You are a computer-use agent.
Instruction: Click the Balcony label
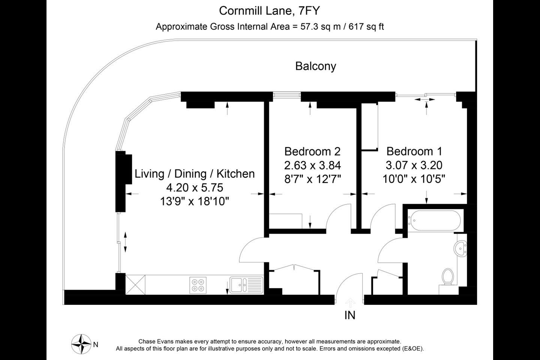pos(316,66)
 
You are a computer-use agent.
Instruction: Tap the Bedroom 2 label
pos(312,151)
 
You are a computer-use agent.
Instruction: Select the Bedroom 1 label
pos(414,151)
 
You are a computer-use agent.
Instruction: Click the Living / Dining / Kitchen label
pos(195,174)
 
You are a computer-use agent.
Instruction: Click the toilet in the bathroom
pos(448,277)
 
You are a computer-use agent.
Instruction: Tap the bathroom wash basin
pos(460,249)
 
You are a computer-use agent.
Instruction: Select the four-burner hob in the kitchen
pos(198,285)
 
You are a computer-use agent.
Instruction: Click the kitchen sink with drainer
pos(246,285)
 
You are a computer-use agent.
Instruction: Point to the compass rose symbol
pos(81,344)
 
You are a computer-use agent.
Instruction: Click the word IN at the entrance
pos(350,315)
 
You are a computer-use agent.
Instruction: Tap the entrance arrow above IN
pos(350,303)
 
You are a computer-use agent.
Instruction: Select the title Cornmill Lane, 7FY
pos(269,11)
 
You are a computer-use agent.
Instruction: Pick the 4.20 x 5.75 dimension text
pos(195,187)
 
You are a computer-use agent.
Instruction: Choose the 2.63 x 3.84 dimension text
pos(312,165)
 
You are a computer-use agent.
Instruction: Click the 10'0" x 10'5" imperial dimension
pos(414,179)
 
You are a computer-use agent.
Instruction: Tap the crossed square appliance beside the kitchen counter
pos(135,285)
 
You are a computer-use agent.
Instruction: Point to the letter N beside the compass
pos(96,345)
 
